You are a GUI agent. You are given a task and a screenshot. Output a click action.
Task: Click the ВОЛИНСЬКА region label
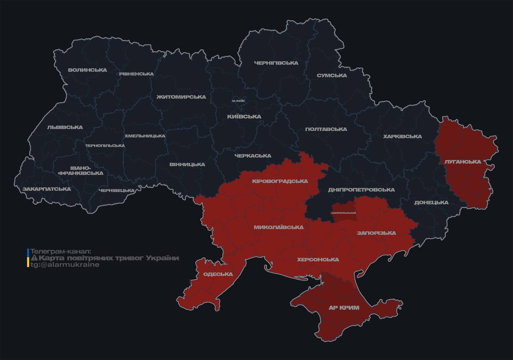[x=87, y=70]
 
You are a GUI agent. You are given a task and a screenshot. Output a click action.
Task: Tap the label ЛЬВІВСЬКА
[x=65, y=127]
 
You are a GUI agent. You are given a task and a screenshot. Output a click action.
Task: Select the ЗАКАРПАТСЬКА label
[x=46, y=189]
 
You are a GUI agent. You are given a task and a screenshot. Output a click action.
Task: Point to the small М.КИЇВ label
[x=238, y=101]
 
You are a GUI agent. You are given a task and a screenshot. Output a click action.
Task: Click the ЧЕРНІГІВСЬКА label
[x=276, y=63]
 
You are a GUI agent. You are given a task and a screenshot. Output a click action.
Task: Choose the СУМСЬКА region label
[x=331, y=75]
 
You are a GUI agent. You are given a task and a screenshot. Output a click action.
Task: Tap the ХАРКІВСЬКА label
[x=402, y=136]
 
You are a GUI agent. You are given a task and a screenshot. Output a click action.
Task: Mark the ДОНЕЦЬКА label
[x=431, y=202]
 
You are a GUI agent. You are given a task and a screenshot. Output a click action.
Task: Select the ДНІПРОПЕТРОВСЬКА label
[x=361, y=190]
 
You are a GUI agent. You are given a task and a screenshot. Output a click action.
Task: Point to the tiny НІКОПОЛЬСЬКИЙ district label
[x=344, y=212]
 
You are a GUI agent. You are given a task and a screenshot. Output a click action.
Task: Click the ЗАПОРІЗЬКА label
[x=376, y=233]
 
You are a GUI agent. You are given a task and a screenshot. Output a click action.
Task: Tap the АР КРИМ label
[x=343, y=307]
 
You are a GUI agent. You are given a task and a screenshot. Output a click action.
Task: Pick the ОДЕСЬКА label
[x=218, y=274]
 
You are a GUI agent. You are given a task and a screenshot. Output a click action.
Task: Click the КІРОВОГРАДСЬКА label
[x=280, y=181]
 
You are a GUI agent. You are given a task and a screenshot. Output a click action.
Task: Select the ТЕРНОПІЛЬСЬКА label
[x=105, y=146]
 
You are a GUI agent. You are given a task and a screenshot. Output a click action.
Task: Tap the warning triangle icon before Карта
[x=34, y=258]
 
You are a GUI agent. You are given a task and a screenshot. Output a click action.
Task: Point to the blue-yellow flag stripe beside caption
[x=28, y=258]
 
